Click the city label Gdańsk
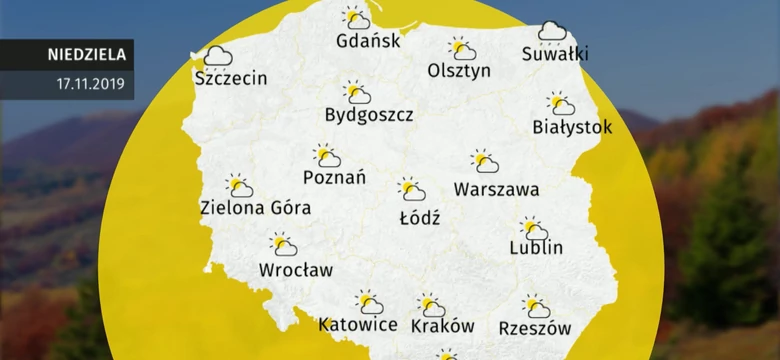click(369, 42)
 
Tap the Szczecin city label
click(231, 78)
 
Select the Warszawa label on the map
click(496, 189)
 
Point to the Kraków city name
click(442, 326)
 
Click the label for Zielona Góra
click(255, 208)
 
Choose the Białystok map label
click(572, 128)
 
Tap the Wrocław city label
click(296, 269)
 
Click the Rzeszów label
click(534, 327)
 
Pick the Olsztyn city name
click(459, 71)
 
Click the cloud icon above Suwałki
click(552, 32)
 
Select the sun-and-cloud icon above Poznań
click(327, 155)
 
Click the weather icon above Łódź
click(411, 189)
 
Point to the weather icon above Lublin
click(533, 228)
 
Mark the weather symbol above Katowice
click(369, 301)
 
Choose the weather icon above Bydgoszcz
click(356, 93)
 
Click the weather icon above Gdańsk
click(356, 18)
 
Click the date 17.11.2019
click(90, 84)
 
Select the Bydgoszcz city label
click(369, 115)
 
